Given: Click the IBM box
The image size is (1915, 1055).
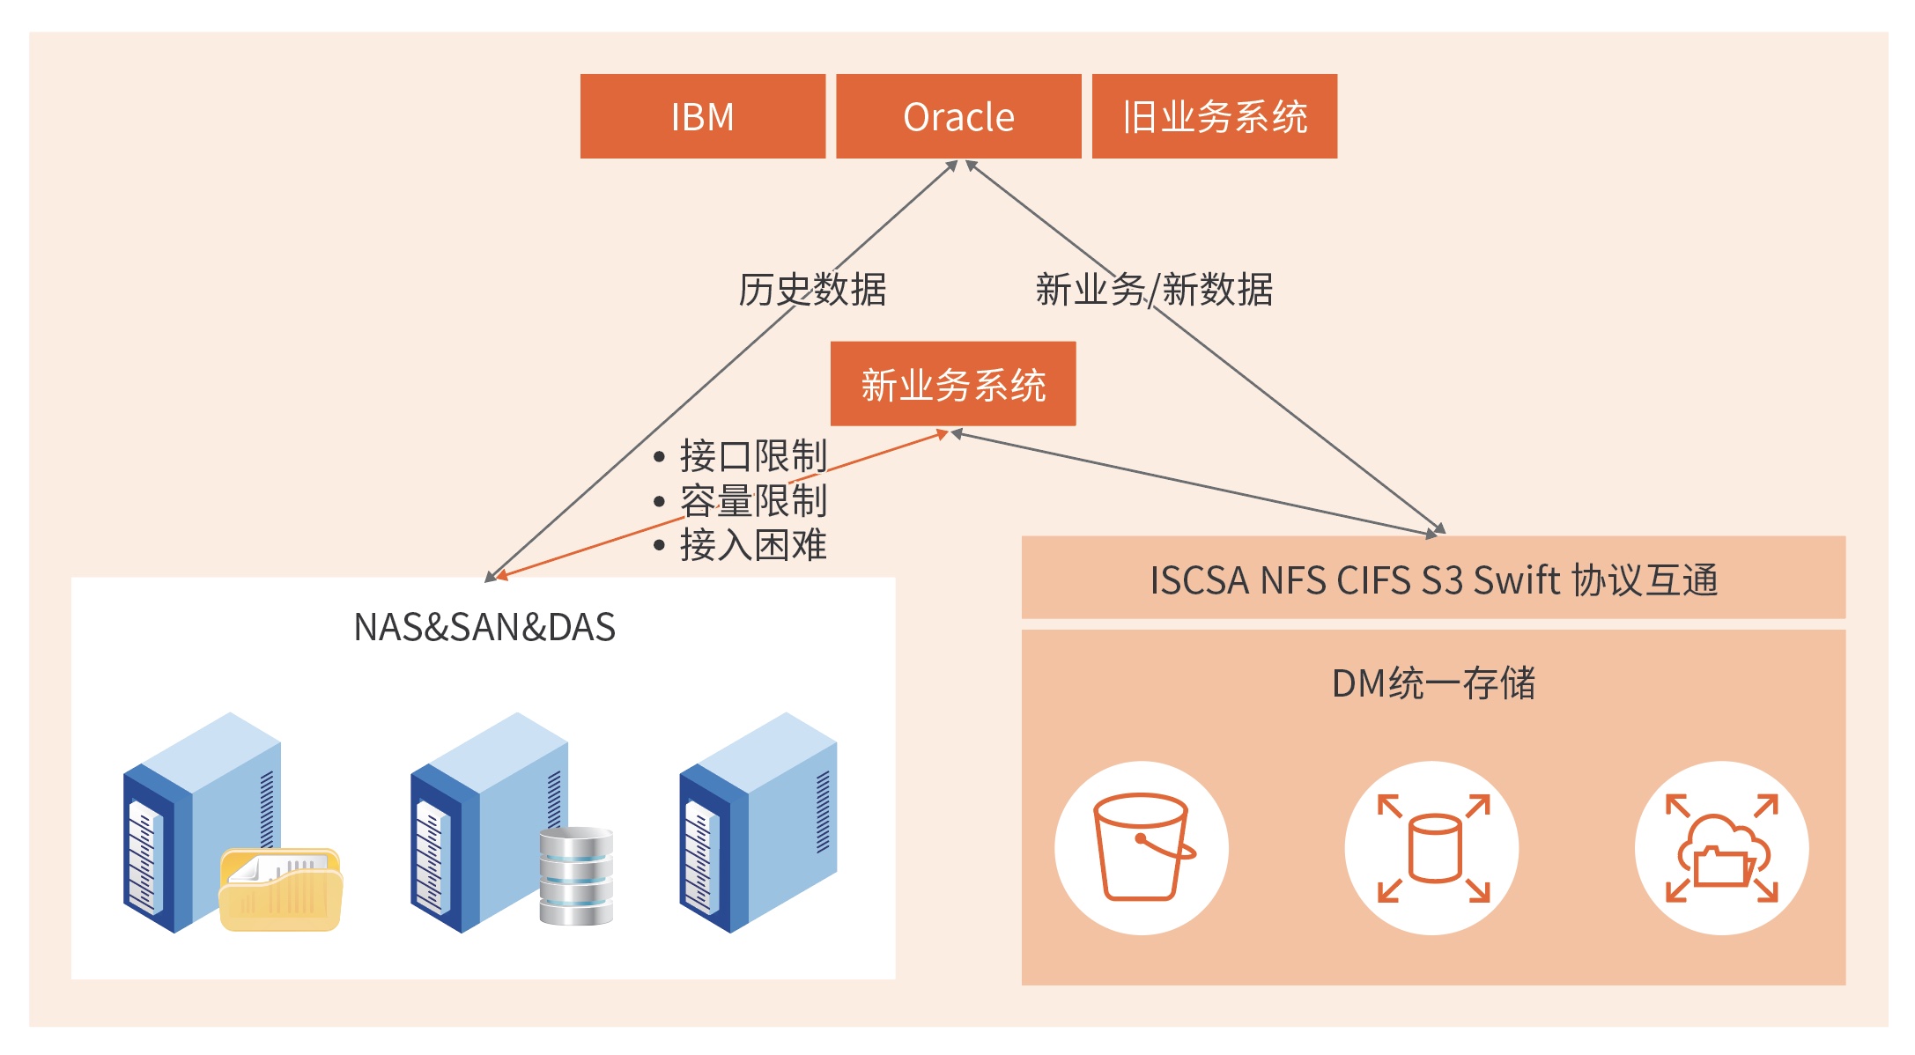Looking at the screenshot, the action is [703, 116].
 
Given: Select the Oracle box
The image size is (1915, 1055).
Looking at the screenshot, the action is [958, 116].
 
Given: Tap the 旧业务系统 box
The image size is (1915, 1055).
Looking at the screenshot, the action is [1215, 116].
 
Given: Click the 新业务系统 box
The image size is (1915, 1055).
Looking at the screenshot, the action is [953, 384].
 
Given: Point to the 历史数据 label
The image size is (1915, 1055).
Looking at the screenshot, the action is [812, 290].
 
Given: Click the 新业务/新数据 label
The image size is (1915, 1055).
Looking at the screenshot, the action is [1154, 290].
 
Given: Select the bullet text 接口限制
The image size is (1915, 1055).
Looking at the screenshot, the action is [753, 456].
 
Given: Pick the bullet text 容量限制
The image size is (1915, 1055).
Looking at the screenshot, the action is [753, 501].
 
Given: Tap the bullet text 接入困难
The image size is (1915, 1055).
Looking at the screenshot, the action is [753, 545].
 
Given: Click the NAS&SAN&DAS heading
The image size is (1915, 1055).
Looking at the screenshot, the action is [484, 627].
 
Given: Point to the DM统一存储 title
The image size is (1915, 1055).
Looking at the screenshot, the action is [1433, 683].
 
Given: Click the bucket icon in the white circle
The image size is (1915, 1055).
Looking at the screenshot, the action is [1142, 846].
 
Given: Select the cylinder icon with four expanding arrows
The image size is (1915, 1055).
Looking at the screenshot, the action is [1433, 848].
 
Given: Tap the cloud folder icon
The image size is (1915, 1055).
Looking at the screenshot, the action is [1722, 848].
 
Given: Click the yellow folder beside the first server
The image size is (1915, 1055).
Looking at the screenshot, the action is [280, 889].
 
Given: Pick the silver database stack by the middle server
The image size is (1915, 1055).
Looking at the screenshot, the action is [576, 876].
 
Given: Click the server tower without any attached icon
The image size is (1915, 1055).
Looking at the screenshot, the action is [758, 823].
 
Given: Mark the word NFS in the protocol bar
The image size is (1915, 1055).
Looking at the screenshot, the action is [1293, 579].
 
